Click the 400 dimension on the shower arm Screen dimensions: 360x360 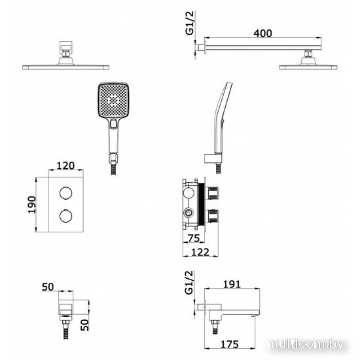tap(262, 33)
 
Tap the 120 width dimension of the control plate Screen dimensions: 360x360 tap(65, 166)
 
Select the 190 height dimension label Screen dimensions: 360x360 tap(32, 205)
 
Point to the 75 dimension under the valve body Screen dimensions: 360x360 tap(194, 238)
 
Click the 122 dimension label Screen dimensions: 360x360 tap(200, 252)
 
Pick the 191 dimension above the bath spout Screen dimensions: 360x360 tap(232, 284)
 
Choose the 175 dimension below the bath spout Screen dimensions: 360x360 tap(230, 344)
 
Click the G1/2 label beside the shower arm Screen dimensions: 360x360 tap(190, 23)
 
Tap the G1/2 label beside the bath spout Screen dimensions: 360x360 tap(189, 283)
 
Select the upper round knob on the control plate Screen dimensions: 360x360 tap(66, 193)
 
